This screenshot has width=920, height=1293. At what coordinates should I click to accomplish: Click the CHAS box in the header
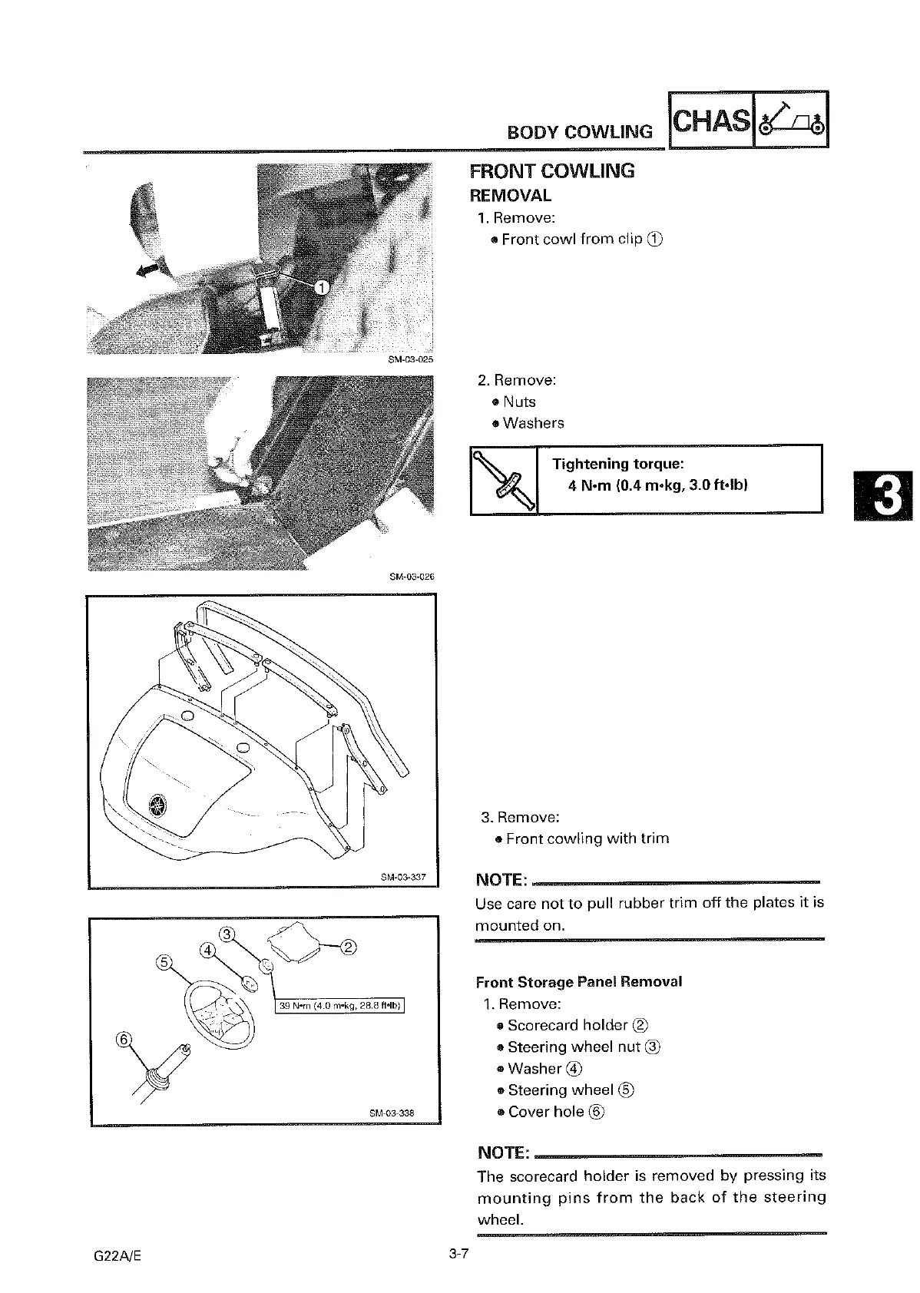tap(711, 121)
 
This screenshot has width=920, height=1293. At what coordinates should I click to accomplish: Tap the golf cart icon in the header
tap(791, 121)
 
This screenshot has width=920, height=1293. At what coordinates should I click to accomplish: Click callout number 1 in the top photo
tap(323, 287)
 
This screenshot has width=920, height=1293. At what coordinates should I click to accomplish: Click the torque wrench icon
tap(503, 480)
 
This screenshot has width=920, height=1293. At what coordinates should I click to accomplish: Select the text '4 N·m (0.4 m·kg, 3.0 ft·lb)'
tap(658, 485)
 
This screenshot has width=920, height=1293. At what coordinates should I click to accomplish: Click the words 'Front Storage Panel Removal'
tap(579, 982)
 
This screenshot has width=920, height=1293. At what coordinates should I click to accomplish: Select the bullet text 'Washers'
tap(533, 423)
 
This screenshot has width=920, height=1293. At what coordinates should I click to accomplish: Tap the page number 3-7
tap(459, 1255)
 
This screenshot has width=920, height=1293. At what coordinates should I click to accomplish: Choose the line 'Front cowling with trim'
tap(587, 838)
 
